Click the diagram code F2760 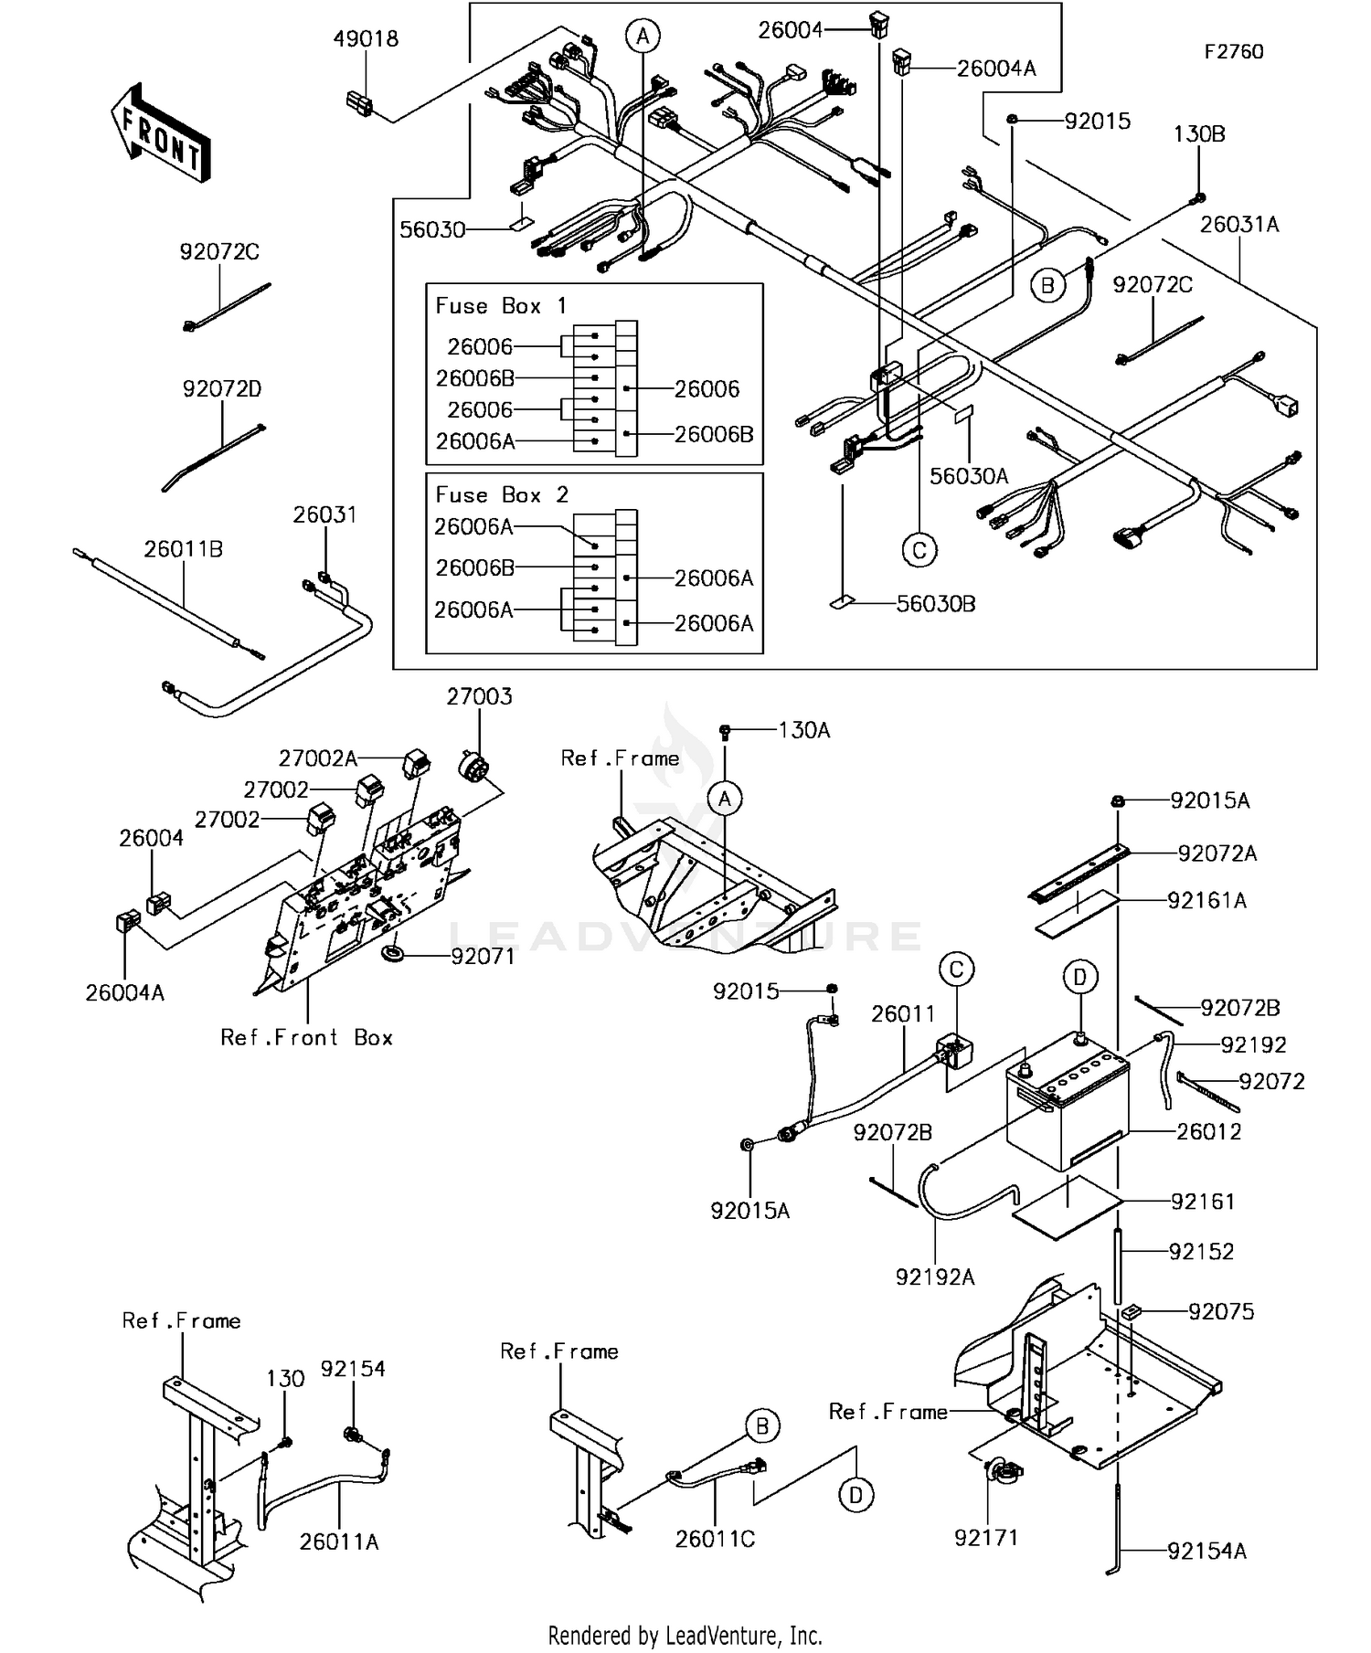pos(1233,52)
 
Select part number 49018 pos(366,39)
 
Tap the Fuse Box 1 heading pos(502,306)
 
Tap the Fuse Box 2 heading pos(502,495)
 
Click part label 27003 pos(479,697)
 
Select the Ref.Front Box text pos(307,1038)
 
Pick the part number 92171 pos(985,1538)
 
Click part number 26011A pos(339,1542)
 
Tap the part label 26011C pos(715,1540)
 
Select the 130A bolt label pos(804,730)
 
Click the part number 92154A pos(1206,1552)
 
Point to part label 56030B pos(936,604)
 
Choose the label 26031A pos(1238,225)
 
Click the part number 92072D pos(222,389)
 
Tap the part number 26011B pos(183,549)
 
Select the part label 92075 pos(1221,1312)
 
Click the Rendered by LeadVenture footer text pos(685,1636)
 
